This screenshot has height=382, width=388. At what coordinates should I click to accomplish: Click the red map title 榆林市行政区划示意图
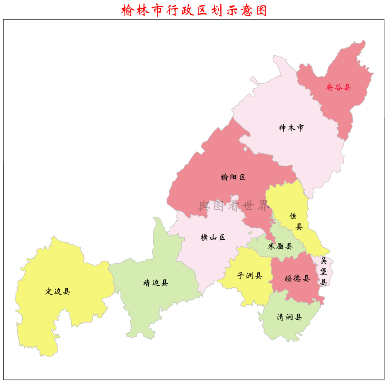point(194,10)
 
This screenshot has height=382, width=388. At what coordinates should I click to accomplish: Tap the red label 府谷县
point(338,87)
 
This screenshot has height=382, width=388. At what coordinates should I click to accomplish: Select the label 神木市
point(291,128)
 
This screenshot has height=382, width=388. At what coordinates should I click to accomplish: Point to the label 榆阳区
point(233,177)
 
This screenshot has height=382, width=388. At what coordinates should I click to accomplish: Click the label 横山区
point(213,237)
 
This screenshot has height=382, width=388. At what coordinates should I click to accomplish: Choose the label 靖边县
point(156,283)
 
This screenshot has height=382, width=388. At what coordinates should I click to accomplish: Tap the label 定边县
point(58,291)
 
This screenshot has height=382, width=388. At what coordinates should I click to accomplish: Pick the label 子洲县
point(249,276)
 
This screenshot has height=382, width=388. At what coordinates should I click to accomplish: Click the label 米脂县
point(280,246)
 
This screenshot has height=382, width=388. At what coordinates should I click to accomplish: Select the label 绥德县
point(297,279)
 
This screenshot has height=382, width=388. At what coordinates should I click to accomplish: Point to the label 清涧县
point(289,317)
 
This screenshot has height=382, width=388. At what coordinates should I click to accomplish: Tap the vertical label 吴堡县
point(323,271)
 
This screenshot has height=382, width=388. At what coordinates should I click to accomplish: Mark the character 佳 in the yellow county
point(293,216)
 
